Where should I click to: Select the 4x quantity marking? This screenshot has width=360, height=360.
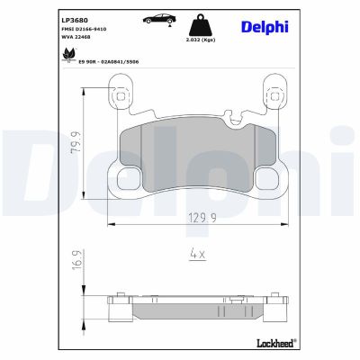[197, 254]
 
